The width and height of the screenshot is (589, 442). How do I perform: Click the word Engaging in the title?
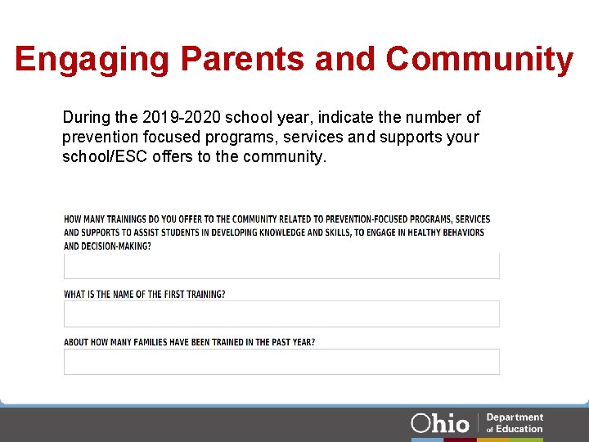pyautogui.click(x=92, y=60)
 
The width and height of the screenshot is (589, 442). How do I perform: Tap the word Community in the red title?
pyautogui.click(x=479, y=60)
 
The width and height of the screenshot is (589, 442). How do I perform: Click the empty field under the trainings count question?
pyautogui.click(x=281, y=266)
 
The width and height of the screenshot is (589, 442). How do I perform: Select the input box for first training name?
pyautogui.click(x=281, y=313)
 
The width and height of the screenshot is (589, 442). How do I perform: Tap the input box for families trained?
pyautogui.click(x=281, y=362)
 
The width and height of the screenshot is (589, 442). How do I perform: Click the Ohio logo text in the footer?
pyautogui.click(x=440, y=423)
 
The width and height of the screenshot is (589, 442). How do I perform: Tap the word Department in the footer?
pyautogui.click(x=515, y=417)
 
